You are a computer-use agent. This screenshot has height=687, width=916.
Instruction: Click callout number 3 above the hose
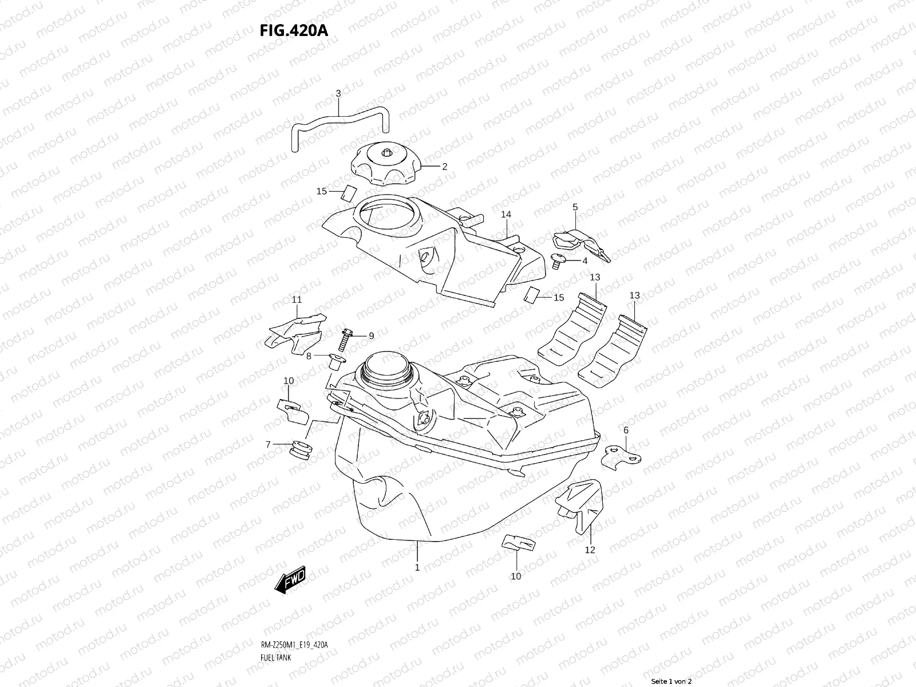338,93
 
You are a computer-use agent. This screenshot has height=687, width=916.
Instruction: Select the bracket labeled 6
621,457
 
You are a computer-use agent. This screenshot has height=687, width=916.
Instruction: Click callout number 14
506,215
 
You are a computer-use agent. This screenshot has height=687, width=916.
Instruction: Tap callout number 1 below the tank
417,567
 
